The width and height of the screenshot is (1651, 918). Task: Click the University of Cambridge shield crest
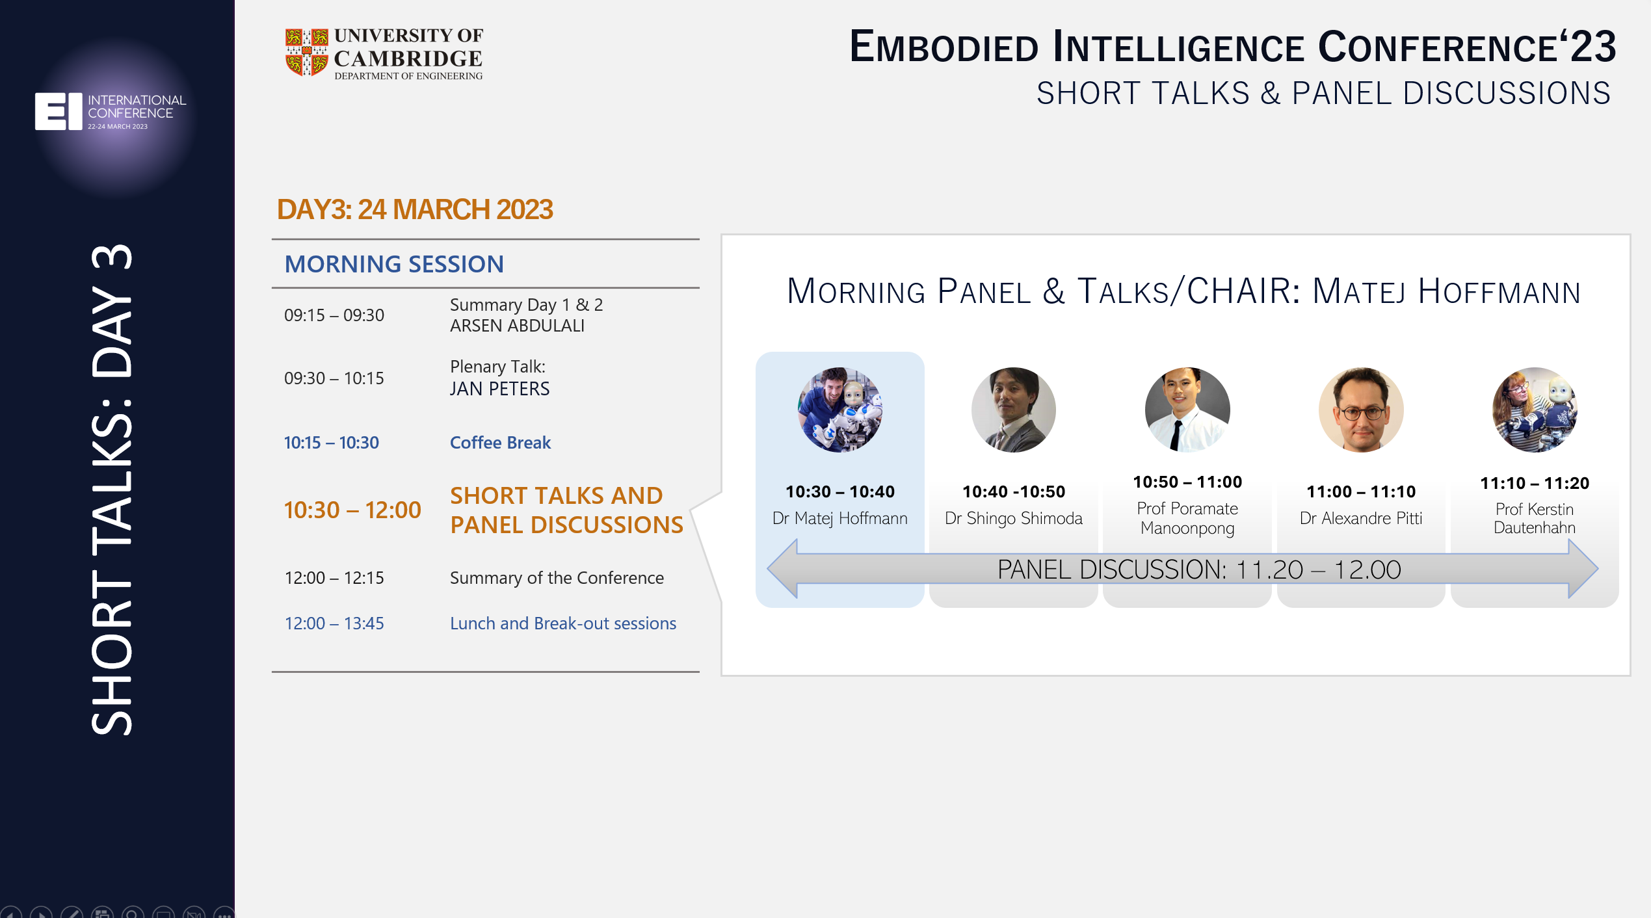(306, 53)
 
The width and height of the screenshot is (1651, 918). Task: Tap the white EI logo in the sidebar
(59, 111)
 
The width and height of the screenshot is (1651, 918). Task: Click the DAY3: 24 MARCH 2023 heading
(415, 209)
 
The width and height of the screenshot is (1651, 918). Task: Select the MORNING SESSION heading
(394, 264)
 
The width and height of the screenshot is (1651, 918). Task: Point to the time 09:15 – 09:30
(334, 315)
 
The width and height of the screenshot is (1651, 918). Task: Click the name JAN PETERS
(499, 389)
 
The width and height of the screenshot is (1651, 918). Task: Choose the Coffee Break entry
(500, 443)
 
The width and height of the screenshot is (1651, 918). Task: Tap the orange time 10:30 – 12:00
(352, 510)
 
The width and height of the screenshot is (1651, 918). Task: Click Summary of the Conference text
(557, 578)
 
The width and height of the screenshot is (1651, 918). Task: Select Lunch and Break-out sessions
(563, 623)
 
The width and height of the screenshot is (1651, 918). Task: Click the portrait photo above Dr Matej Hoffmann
(840, 410)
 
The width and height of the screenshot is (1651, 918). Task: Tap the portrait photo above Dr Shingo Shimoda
(1014, 410)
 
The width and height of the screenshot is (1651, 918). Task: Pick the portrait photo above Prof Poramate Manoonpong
(1187, 410)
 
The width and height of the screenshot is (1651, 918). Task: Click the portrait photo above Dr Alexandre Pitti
(1361, 410)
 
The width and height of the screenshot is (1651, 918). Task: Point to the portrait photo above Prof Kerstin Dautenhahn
(1535, 410)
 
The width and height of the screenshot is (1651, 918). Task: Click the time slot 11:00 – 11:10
(1361, 492)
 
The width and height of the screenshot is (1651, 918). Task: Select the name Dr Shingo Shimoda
(1014, 518)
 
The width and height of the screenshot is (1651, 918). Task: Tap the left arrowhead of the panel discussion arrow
(783, 569)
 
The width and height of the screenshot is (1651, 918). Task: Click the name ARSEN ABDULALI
(518, 326)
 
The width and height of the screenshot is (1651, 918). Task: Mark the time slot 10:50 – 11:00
(1187, 482)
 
